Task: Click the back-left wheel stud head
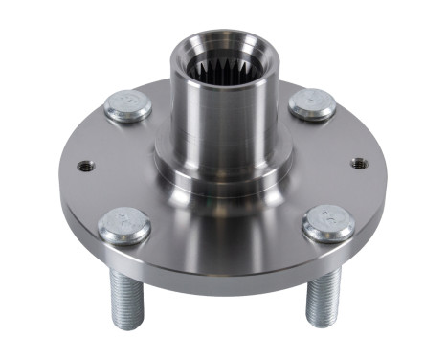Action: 128,106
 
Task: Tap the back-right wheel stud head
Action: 312,103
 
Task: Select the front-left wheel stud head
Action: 124,226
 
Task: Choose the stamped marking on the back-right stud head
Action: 312,100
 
